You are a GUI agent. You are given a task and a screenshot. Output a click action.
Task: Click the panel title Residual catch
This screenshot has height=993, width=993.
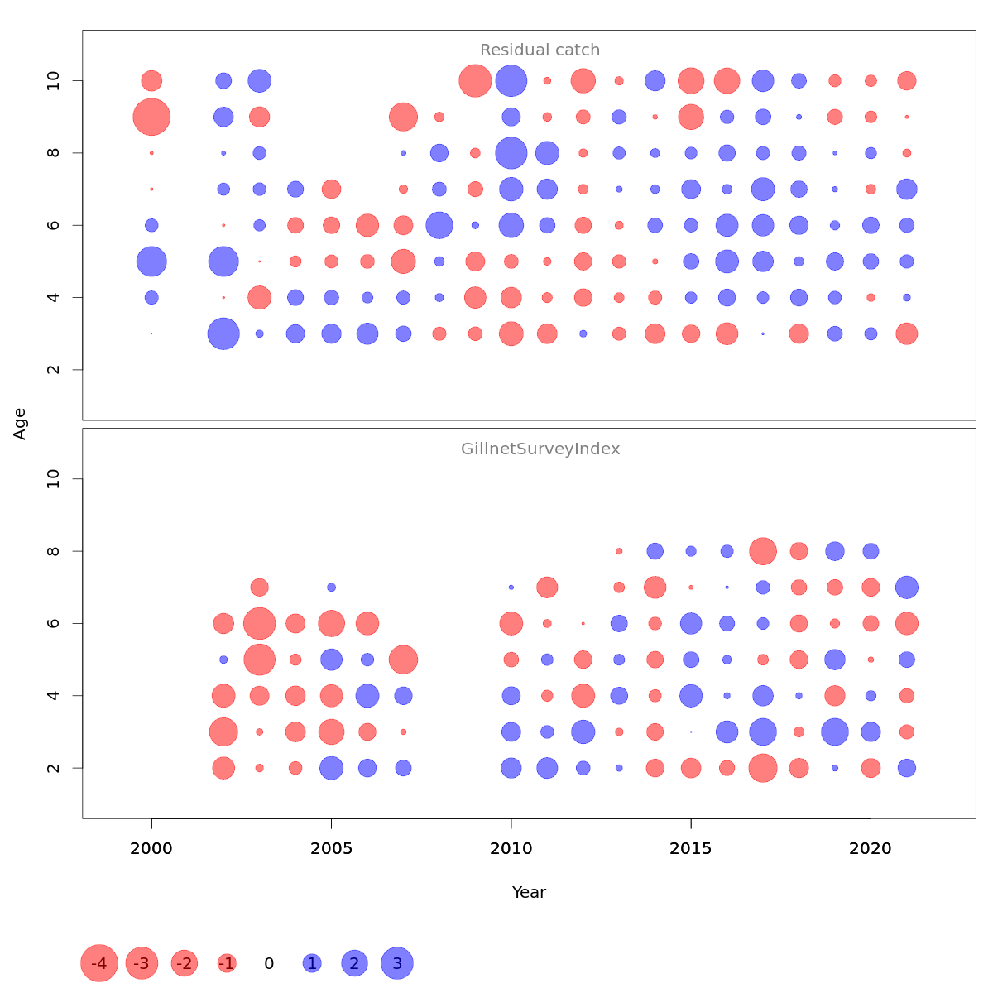pyautogui.click(x=540, y=50)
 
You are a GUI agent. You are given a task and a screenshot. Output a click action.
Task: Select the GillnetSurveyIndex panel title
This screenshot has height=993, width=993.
pyautogui.click(x=540, y=449)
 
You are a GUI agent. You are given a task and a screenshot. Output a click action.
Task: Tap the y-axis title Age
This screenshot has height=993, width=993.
pyautogui.click(x=20, y=424)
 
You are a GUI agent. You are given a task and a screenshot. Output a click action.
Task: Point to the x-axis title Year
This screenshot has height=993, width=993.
pyautogui.click(x=529, y=892)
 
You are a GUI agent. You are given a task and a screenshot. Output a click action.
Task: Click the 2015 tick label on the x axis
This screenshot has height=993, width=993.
pyautogui.click(x=691, y=848)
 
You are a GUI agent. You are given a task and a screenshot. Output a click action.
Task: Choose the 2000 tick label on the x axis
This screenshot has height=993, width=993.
pyautogui.click(x=151, y=848)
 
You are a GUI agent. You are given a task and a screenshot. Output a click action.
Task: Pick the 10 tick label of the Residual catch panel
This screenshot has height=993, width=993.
pyautogui.click(x=54, y=81)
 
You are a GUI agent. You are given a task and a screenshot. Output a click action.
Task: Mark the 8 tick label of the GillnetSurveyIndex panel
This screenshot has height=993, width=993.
pyautogui.click(x=54, y=551)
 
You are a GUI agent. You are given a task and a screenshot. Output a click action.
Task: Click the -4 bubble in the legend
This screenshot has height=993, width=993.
pyautogui.click(x=99, y=963)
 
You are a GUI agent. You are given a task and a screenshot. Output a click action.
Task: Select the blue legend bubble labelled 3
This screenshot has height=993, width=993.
pyautogui.click(x=397, y=963)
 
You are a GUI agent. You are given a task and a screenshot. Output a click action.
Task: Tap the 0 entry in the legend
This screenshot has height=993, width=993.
pyautogui.click(x=269, y=963)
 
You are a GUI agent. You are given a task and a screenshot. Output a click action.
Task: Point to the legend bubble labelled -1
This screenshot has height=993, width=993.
pyautogui.click(x=227, y=963)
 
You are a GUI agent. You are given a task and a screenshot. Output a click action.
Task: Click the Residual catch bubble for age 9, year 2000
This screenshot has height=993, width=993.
pyautogui.click(x=151, y=117)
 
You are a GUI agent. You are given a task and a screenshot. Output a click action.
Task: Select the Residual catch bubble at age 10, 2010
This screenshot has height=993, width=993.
pyautogui.click(x=511, y=81)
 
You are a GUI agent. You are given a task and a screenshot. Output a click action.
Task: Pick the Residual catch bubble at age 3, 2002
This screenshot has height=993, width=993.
pyautogui.click(x=223, y=333)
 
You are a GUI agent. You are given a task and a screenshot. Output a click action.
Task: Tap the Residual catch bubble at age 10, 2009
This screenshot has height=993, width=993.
pyautogui.click(x=475, y=81)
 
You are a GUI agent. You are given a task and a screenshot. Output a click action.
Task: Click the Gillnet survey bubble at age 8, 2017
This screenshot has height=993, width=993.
pyautogui.click(x=763, y=551)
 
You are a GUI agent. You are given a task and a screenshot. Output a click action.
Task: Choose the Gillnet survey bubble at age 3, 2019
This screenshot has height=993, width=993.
pyautogui.click(x=835, y=732)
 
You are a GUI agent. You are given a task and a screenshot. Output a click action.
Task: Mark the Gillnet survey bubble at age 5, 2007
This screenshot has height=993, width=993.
pyautogui.click(x=403, y=660)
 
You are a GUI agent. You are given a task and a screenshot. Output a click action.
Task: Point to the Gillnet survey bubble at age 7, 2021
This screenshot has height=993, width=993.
pyautogui.click(x=907, y=588)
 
